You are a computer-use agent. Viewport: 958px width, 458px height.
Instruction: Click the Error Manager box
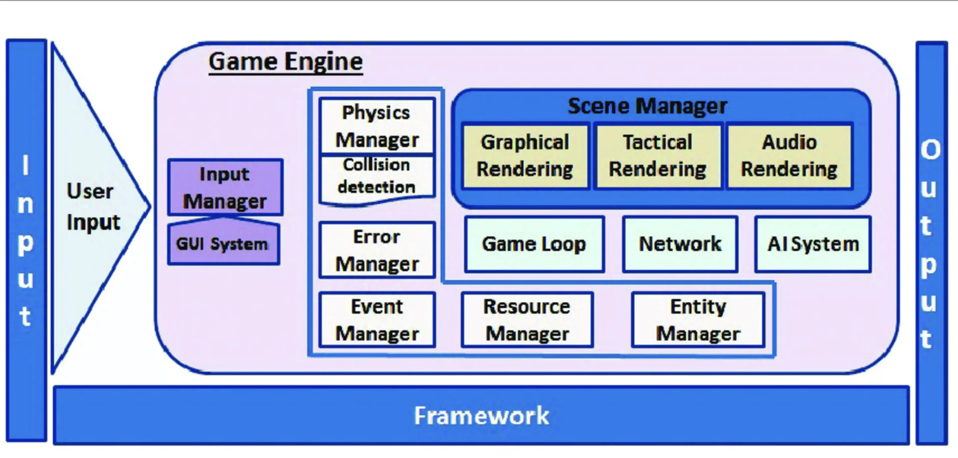pyautogui.click(x=377, y=250)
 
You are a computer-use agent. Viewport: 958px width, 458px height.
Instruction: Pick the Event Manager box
pyautogui.click(x=377, y=320)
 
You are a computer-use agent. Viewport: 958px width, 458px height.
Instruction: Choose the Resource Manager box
pyautogui.click(x=527, y=320)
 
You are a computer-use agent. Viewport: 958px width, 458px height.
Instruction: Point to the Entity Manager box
pyautogui.click(x=698, y=320)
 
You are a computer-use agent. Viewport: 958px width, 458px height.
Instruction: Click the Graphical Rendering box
pyautogui.click(x=525, y=156)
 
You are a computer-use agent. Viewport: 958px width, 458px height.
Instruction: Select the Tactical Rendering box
pyautogui.click(x=658, y=156)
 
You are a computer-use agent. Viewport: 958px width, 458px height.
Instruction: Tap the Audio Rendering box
pyautogui.click(x=789, y=156)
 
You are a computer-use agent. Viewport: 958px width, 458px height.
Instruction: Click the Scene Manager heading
pyautogui.click(x=647, y=106)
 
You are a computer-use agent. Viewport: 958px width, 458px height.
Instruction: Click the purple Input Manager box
pyautogui.click(x=225, y=188)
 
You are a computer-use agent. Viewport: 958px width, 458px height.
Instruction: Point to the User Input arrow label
pyautogui.click(x=93, y=207)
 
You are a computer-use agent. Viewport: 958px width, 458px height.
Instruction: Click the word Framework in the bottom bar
pyautogui.click(x=481, y=416)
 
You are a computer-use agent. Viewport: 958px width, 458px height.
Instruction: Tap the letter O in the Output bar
pyautogui.click(x=931, y=150)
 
